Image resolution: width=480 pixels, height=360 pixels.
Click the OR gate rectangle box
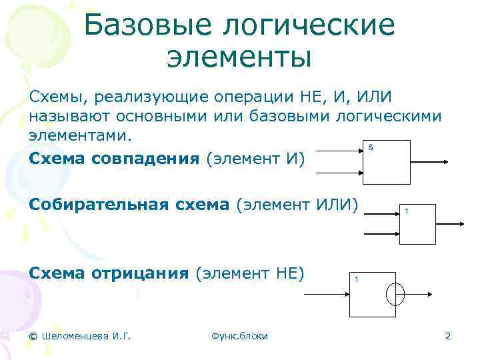(x=416, y=227)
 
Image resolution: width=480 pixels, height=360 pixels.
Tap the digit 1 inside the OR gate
(x=407, y=212)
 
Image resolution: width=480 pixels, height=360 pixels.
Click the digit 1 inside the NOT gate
(x=357, y=279)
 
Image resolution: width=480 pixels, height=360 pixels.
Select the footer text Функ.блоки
(x=239, y=336)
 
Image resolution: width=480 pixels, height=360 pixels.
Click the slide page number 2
(x=448, y=336)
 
